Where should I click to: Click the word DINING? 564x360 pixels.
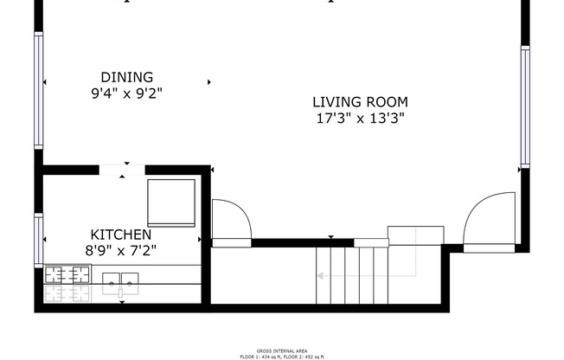[126, 77]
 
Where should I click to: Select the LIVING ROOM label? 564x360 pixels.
[360, 102]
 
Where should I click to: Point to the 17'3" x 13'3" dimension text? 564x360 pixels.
[360, 118]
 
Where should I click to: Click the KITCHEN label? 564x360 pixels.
[121, 235]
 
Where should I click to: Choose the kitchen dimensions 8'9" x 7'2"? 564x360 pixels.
[121, 250]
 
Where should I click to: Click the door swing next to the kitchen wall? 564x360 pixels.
[230, 221]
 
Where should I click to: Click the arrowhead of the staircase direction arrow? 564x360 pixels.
[319, 276]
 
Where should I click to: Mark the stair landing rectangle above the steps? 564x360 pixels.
[414, 235]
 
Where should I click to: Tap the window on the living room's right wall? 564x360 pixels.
[524, 106]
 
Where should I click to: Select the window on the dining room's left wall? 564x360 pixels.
[38, 90]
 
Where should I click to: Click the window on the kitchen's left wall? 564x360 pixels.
[38, 240]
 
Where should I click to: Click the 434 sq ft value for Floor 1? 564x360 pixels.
[269, 356]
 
